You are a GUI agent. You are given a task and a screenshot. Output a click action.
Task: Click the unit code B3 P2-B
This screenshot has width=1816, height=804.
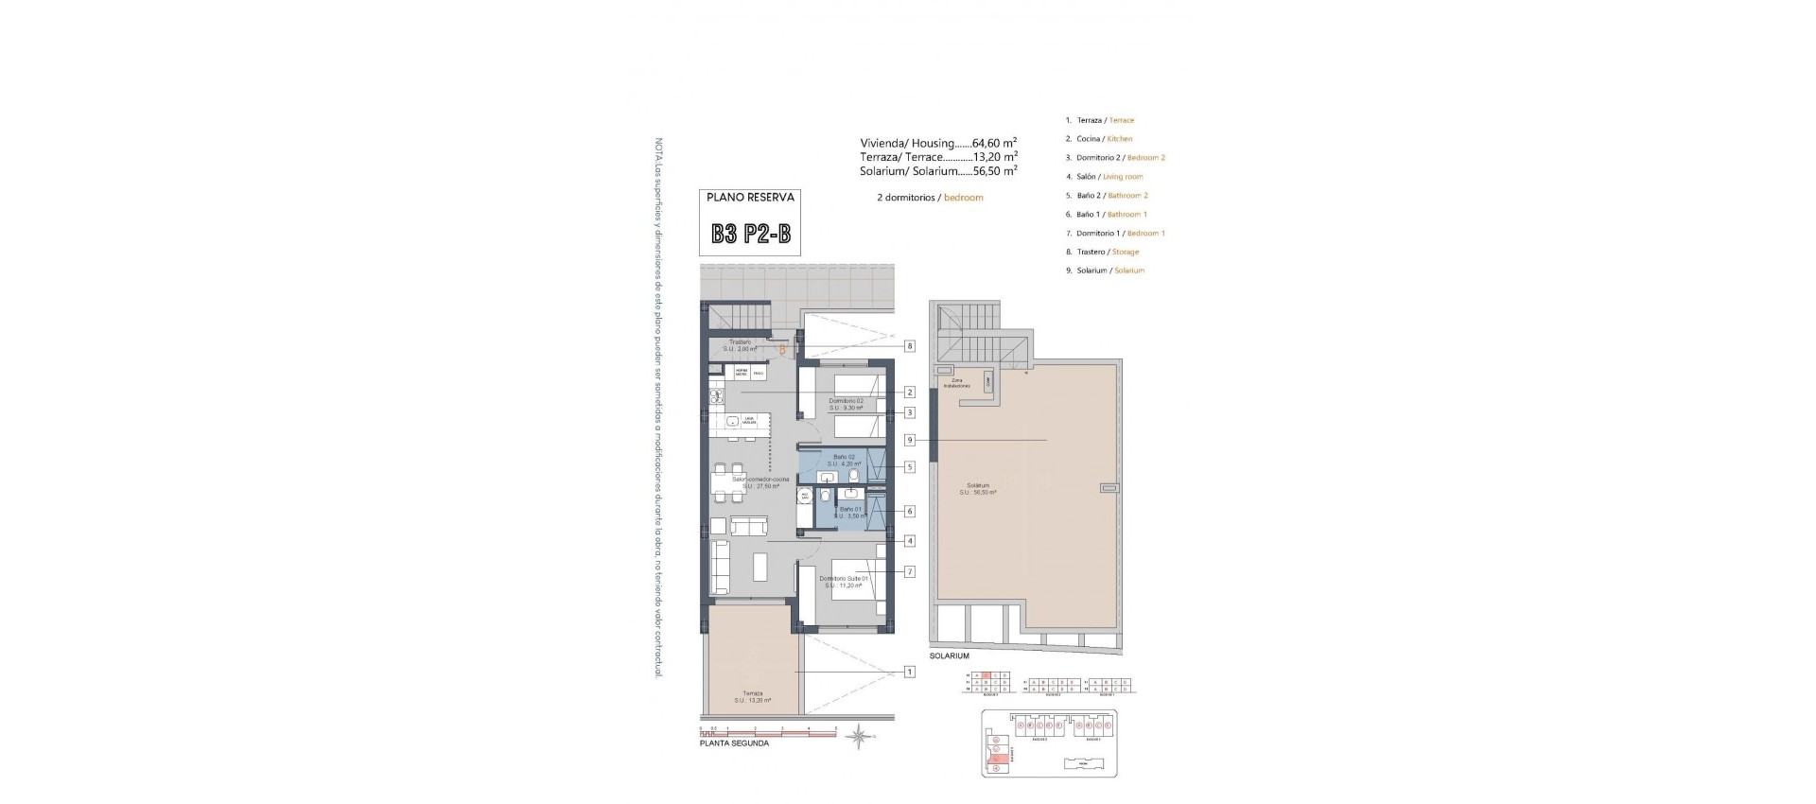tap(751, 235)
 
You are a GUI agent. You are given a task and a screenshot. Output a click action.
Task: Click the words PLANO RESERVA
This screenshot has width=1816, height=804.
tap(751, 198)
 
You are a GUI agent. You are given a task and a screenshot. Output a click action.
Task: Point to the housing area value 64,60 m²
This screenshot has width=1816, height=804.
tap(994, 144)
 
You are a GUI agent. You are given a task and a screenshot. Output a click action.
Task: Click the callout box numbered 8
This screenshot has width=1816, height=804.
tap(909, 346)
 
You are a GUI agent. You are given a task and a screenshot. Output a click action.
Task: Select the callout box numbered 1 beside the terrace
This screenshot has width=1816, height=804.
tap(909, 673)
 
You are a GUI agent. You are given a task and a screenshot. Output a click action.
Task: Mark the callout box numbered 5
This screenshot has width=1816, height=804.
tap(909, 467)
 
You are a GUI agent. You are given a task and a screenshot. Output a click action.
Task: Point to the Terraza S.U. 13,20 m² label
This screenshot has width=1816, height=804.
tap(752, 696)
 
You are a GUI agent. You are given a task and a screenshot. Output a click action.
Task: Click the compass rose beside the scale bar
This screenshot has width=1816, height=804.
tap(859, 734)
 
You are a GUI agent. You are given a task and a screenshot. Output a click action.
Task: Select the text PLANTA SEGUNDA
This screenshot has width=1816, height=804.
tap(734, 743)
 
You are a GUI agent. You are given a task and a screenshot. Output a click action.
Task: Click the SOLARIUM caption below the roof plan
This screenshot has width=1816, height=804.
tap(949, 655)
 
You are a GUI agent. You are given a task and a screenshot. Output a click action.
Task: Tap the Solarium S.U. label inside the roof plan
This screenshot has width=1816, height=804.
tap(977, 489)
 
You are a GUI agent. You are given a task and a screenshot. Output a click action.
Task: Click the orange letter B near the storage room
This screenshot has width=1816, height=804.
tap(782, 350)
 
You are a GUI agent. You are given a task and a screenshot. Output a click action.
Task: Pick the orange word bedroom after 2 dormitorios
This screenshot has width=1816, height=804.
tap(963, 198)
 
